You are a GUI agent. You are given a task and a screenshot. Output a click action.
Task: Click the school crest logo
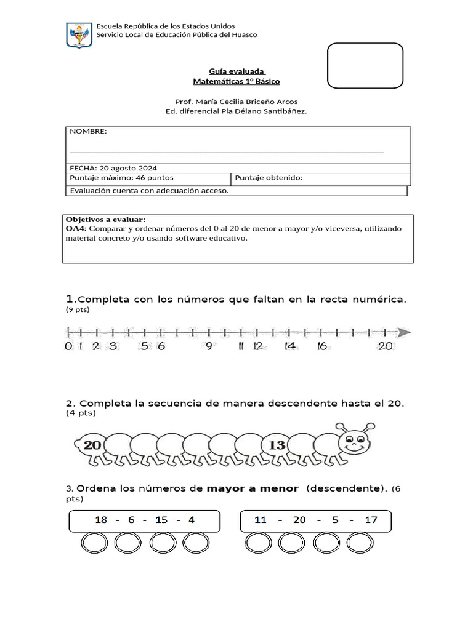click(x=78, y=35)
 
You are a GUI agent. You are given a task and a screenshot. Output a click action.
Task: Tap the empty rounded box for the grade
click(x=365, y=66)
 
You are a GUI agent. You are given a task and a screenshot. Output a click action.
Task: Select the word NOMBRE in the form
click(x=88, y=132)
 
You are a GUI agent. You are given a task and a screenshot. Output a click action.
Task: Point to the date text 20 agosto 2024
click(x=127, y=168)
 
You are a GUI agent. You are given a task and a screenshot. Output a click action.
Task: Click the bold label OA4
click(x=75, y=228)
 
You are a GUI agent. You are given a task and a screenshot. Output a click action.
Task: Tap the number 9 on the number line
click(x=209, y=346)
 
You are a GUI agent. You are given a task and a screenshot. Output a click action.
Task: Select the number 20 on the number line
click(x=386, y=346)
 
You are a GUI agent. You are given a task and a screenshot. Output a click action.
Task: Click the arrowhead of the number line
click(x=403, y=333)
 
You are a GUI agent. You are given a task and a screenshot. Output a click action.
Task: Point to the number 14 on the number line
click(x=289, y=346)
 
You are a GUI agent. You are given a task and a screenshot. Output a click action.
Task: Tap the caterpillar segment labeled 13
click(x=277, y=444)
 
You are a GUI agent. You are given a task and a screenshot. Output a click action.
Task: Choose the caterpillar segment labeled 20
click(x=92, y=444)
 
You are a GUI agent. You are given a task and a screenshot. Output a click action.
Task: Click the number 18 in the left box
click(x=100, y=520)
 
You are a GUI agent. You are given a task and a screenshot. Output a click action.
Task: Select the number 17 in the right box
click(x=371, y=520)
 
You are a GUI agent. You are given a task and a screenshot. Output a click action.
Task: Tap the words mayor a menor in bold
click(x=253, y=489)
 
